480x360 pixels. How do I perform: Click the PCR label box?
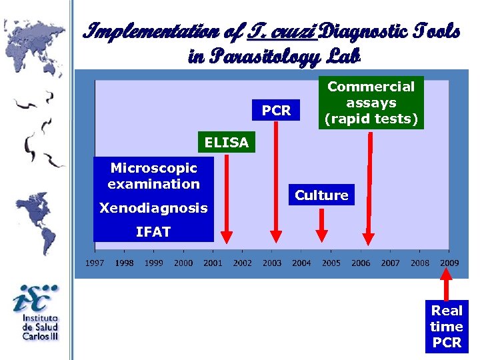(277, 111)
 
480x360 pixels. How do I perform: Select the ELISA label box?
(227, 142)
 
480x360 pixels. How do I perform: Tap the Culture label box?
(322, 195)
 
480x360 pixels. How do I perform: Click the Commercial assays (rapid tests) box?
(371, 103)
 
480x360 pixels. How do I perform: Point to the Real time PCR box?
(447, 326)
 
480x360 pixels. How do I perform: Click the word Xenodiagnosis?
(153, 208)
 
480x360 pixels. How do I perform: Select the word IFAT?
(153, 232)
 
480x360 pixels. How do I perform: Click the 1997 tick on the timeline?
(94, 263)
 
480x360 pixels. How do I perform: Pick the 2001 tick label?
(213, 263)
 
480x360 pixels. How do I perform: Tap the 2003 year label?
(272, 263)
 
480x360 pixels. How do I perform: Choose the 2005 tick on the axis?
(331, 263)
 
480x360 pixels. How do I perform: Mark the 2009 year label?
(449, 263)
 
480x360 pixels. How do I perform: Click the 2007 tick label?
(391, 263)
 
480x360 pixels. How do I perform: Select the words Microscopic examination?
(153, 176)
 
